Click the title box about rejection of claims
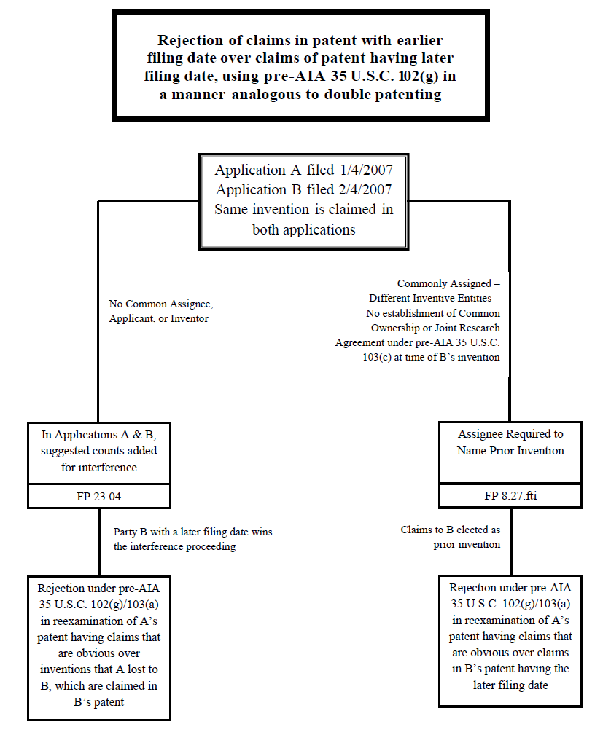click(300, 66)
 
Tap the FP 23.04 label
click(98, 496)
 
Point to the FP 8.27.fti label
click(510, 496)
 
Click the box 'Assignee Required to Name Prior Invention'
click(510, 442)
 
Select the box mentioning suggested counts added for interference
click(98, 451)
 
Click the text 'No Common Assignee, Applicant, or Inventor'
click(160, 311)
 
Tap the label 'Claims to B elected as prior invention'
click(450, 537)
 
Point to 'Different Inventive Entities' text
click(434, 298)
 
